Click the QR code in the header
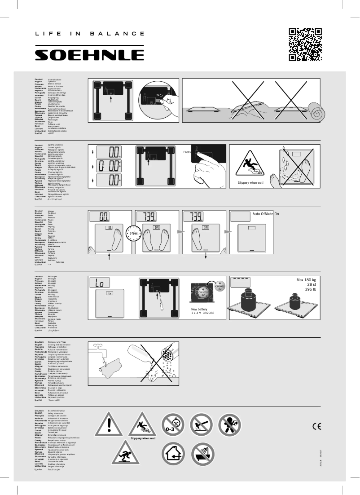pyautogui.click(x=305, y=44)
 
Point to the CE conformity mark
pyautogui.click(x=316, y=426)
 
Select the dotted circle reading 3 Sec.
pyautogui.click(x=134, y=234)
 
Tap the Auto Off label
pyautogui.click(x=259, y=214)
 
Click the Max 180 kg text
pyautogui.click(x=307, y=281)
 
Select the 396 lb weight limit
pyautogui.click(x=311, y=290)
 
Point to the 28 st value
pyautogui.click(x=312, y=286)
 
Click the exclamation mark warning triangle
pyautogui.click(x=108, y=424)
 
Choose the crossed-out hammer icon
pyautogui.click(x=202, y=424)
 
